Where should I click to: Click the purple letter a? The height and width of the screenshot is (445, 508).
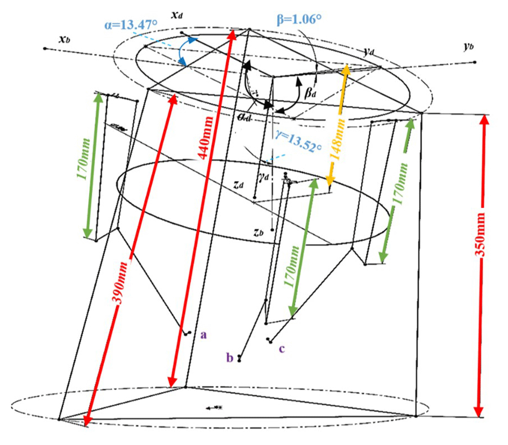coord(203,335)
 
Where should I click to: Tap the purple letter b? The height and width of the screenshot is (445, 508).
coord(230,357)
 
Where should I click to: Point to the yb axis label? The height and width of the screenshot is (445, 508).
coord(468,47)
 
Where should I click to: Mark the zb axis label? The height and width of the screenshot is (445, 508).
coord(258,232)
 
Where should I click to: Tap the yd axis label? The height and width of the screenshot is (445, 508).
coord(368,52)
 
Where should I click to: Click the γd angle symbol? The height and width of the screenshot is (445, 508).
coord(263,175)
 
